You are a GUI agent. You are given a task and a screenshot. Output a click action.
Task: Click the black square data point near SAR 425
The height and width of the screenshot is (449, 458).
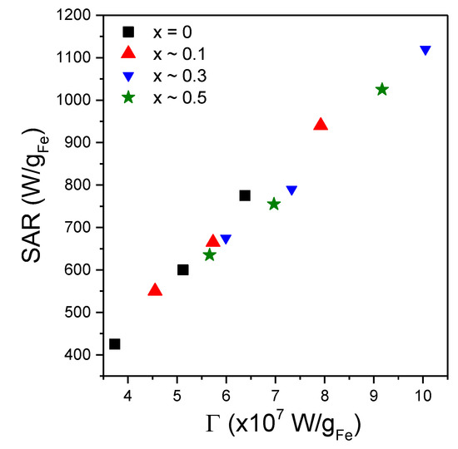tap(115, 344)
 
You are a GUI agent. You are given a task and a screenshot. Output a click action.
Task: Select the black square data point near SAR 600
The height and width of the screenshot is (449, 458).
tap(183, 269)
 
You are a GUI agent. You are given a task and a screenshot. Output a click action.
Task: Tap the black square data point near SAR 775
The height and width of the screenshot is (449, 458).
tap(245, 195)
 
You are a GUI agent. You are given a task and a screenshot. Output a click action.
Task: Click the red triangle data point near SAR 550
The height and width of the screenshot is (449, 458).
tap(155, 290)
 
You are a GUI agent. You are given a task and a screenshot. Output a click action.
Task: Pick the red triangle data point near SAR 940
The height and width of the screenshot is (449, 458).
tap(321, 125)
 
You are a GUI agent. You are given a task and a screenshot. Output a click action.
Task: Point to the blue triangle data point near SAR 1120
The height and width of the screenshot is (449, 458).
tap(426, 51)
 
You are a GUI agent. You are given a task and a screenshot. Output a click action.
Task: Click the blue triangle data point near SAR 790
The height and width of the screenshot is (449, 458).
tap(291, 190)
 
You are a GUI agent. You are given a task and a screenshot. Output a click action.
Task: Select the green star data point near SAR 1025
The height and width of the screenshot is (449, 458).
tap(382, 90)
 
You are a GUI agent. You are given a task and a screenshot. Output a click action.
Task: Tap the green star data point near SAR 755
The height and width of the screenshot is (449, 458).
tap(274, 204)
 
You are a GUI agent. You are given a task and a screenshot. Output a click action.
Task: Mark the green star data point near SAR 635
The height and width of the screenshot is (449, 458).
tap(209, 255)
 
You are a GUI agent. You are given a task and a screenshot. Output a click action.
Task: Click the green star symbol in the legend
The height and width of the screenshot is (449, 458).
tap(128, 98)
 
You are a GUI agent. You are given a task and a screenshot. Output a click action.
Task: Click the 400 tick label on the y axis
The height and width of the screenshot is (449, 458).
tap(87, 355)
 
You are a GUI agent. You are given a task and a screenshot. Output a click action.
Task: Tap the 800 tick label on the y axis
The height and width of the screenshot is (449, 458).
tap(87, 185)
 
